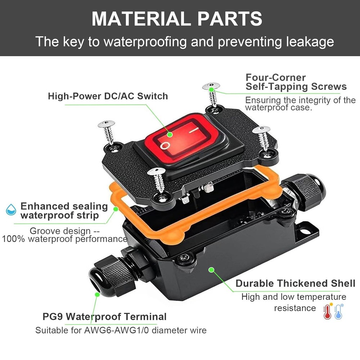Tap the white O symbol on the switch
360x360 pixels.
pyautogui.click(x=165, y=145)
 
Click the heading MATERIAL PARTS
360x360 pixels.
pyautogui.click(x=176, y=19)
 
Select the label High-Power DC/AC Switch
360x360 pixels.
pyautogui.click(x=108, y=96)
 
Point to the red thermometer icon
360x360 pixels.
pyautogui.click(x=327, y=311)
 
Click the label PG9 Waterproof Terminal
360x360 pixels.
pyautogui.click(x=104, y=317)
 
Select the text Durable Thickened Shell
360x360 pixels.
pyautogui.click(x=295, y=283)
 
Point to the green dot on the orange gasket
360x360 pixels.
pyautogui.click(x=116, y=208)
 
